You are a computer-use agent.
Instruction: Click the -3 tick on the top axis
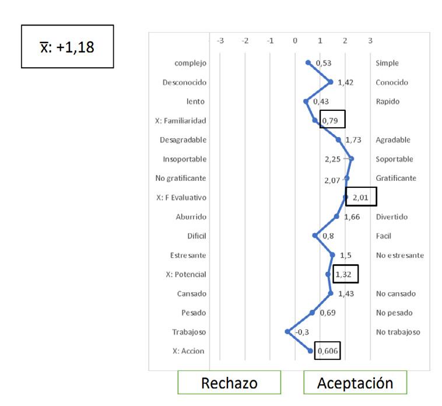pos(220,40)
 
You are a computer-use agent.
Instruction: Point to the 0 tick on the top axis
pos(295,40)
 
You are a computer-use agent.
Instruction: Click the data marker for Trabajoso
pos(287,331)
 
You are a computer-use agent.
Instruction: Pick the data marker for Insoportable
pos(351,159)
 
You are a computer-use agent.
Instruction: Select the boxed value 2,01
pos(362,197)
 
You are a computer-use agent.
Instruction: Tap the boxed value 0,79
pos(332,120)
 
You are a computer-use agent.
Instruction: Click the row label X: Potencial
pos(186,274)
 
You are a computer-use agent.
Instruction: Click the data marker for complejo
pos(308,63)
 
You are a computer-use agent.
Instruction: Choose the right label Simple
pos(388,63)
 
